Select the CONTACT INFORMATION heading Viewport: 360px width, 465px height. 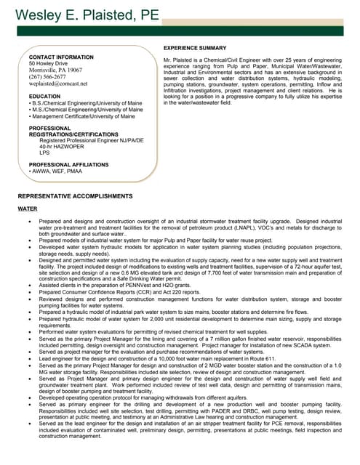[61, 57]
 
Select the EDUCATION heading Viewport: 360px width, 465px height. [45, 96]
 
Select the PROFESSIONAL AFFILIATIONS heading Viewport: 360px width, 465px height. [69, 165]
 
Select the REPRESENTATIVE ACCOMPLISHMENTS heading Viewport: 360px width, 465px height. [75, 196]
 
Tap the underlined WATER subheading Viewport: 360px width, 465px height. [27, 209]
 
